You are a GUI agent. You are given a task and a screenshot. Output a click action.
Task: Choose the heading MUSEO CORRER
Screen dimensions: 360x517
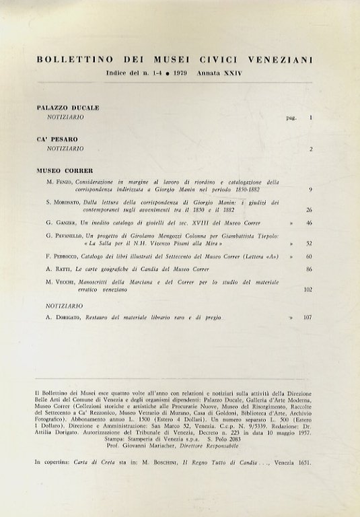pyautogui.click(x=64, y=171)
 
